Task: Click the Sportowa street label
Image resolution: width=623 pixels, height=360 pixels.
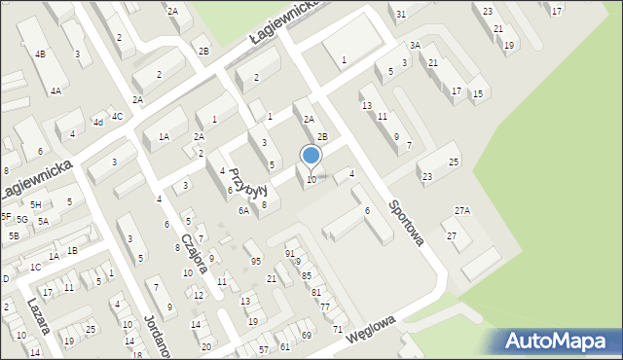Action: [406, 223]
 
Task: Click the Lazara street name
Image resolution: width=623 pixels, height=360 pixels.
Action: [37, 316]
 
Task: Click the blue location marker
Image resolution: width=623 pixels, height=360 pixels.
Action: [311, 157]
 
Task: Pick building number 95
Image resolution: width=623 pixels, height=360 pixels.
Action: [256, 261]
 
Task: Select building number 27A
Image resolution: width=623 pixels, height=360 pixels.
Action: [462, 210]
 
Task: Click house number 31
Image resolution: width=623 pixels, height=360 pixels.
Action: [401, 14]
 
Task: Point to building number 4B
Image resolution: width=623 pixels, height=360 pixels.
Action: [40, 54]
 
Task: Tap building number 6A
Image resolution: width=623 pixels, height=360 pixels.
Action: [244, 210]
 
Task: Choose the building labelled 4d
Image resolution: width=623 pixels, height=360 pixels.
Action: [97, 122]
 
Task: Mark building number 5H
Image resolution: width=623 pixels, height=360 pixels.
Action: [35, 204]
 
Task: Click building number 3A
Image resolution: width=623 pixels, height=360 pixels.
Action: [415, 45]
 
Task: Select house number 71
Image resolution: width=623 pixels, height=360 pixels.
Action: [338, 329]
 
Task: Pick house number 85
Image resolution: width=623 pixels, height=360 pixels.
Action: [306, 276]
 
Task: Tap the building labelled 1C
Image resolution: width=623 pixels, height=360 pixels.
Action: [35, 267]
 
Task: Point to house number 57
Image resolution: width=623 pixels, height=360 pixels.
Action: [264, 348]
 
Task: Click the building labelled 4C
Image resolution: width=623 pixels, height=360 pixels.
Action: [117, 116]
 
